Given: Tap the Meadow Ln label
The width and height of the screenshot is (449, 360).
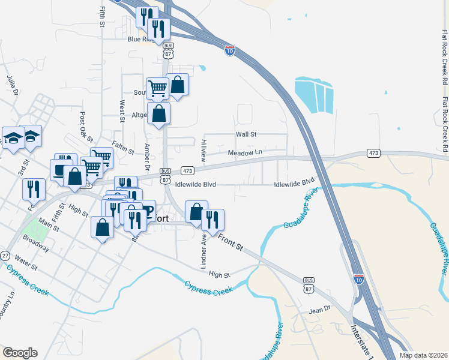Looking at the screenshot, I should click(245, 152).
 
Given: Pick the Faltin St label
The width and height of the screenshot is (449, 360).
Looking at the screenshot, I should click(124, 148).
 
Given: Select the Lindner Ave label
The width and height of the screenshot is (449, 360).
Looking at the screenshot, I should click(204, 251).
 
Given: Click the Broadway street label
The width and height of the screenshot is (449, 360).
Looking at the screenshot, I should click(35, 245).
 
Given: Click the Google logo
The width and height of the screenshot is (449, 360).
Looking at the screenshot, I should click(20, 353).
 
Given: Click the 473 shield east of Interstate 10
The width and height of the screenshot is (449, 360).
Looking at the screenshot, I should click(373, 154).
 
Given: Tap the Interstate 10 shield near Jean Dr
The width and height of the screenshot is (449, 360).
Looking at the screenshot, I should click(358, 279).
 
